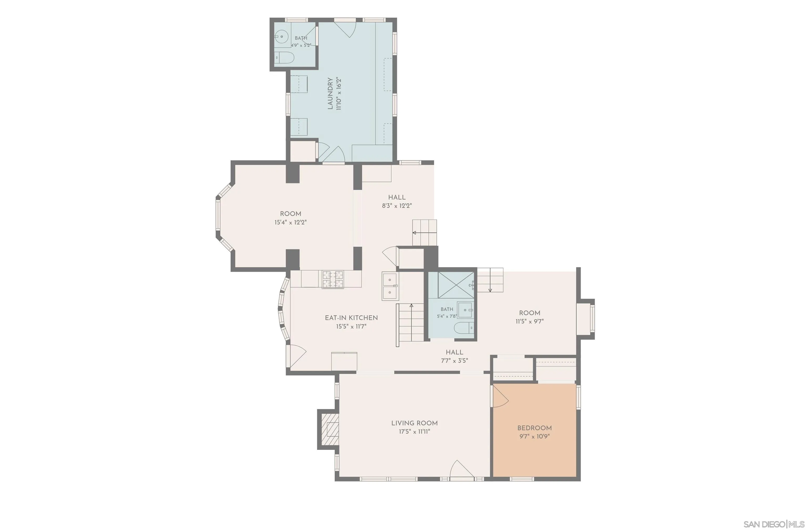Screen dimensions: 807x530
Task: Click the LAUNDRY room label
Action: click(330, 93)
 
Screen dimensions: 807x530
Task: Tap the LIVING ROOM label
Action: click(414, 423)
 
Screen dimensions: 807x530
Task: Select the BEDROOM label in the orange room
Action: click(534, 428)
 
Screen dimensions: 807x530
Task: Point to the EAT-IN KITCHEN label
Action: click(351, 318)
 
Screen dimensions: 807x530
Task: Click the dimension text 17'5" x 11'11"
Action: click(414, 432)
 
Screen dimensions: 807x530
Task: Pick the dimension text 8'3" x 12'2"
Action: click(397, 205)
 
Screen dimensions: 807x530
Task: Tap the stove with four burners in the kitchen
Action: click(333, 279)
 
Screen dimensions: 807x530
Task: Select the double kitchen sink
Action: click(390, 286)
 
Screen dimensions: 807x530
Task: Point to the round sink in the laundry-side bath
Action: click(281, 36)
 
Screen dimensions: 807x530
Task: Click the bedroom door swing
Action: click(500, 396)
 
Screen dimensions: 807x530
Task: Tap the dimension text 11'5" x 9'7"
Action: click(530, 321)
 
